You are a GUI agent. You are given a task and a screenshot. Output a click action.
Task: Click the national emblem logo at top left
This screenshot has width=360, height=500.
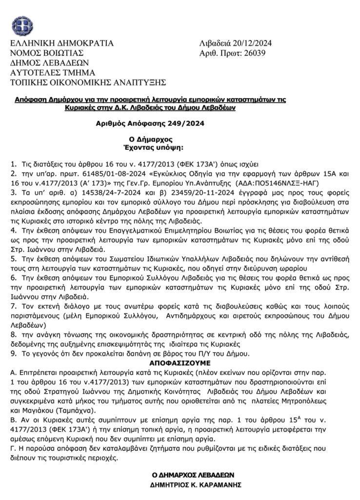(21, 26)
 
